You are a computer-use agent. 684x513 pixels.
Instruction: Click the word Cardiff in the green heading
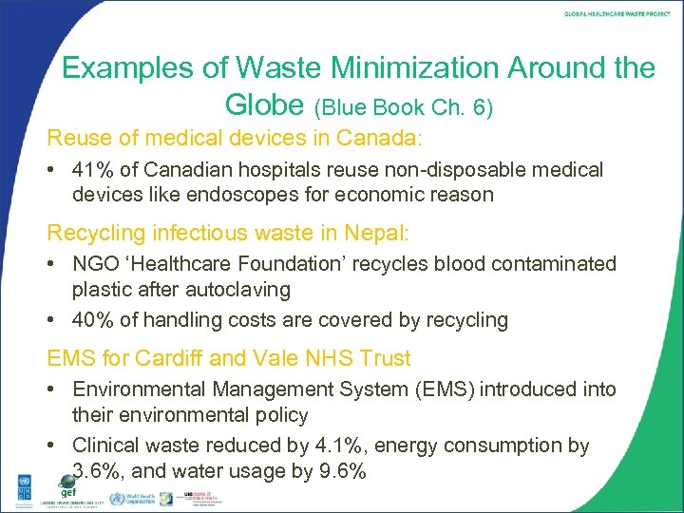pos(167,358)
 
